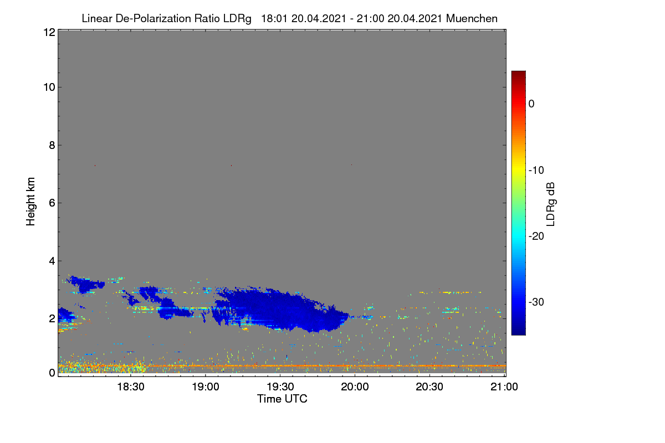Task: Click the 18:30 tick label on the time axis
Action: pyautogui.click(x=131, y=387)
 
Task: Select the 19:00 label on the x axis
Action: pyautogui.click(x=206, y=387)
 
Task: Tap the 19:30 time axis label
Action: pyautogui.click(x=280, y=387)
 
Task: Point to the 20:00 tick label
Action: pyautogui.click(x=355, y=387)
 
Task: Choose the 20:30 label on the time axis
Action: pyautogui.click(x=429, y=387)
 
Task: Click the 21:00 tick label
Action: pyautogui.click(x=504, y=387)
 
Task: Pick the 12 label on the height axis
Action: pyautogui.click(x=49, y=32)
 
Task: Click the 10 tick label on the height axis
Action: pyautogui.click(x=49, y=87)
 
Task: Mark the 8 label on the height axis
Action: pyautogui.click(x=52, y=146)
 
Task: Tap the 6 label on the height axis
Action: pyautogui.click(x=52, y=203)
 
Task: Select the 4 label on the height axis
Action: pyautogui.click(x=52, y=261)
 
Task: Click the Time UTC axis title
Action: pyautogui.click(x=282, y=399)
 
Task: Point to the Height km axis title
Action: pyautogui.click(x=30, y=202)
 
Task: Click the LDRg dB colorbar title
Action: pyautogui.click(x=551, y=204)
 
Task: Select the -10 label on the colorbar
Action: pyautogui.click(x=536, y=171)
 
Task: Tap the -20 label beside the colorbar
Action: pyautogui.click(x=536, y=236)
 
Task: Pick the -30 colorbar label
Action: pyautogui.click(x=536, y=302)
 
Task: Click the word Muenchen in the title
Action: pyautogui.click(x=472, y=18)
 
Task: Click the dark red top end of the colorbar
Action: pyautogui.click(x=518, y=73)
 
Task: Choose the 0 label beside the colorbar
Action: pyautogui.click(x=531, y=104)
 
